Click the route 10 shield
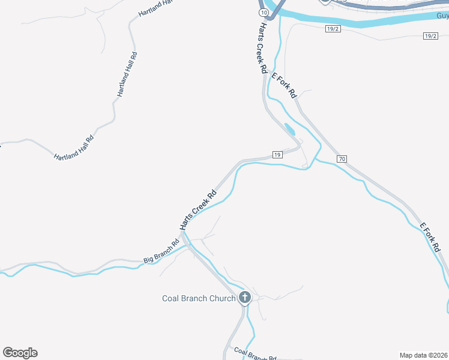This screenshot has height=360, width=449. point(263,12)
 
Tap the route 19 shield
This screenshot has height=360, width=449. point(277,155)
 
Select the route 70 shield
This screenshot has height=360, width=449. point(342,158)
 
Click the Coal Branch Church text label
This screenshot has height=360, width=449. point(199,298)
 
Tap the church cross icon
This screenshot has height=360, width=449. point(245,297)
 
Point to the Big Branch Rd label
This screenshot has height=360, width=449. point(161,253)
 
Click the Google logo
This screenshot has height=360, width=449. point(20,353)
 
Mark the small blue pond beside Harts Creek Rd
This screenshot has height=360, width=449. point(290,129)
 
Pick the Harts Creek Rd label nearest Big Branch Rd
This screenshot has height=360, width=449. point(197,210)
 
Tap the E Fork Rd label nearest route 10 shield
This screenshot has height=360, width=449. point(285,85)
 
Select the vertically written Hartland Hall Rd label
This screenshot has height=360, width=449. point(127,75)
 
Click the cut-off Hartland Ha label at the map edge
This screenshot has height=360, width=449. point(155,7)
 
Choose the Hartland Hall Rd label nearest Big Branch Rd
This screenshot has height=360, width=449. point(74,148)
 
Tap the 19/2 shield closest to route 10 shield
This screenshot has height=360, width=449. point(334,29)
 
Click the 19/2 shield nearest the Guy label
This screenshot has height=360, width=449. point(430,36)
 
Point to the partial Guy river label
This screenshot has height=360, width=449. point(442,16)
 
